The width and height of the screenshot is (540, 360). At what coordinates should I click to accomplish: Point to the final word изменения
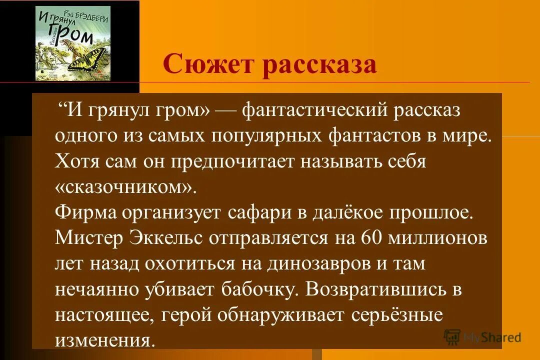[102, 340]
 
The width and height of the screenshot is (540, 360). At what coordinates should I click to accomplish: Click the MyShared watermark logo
[483, 337]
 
